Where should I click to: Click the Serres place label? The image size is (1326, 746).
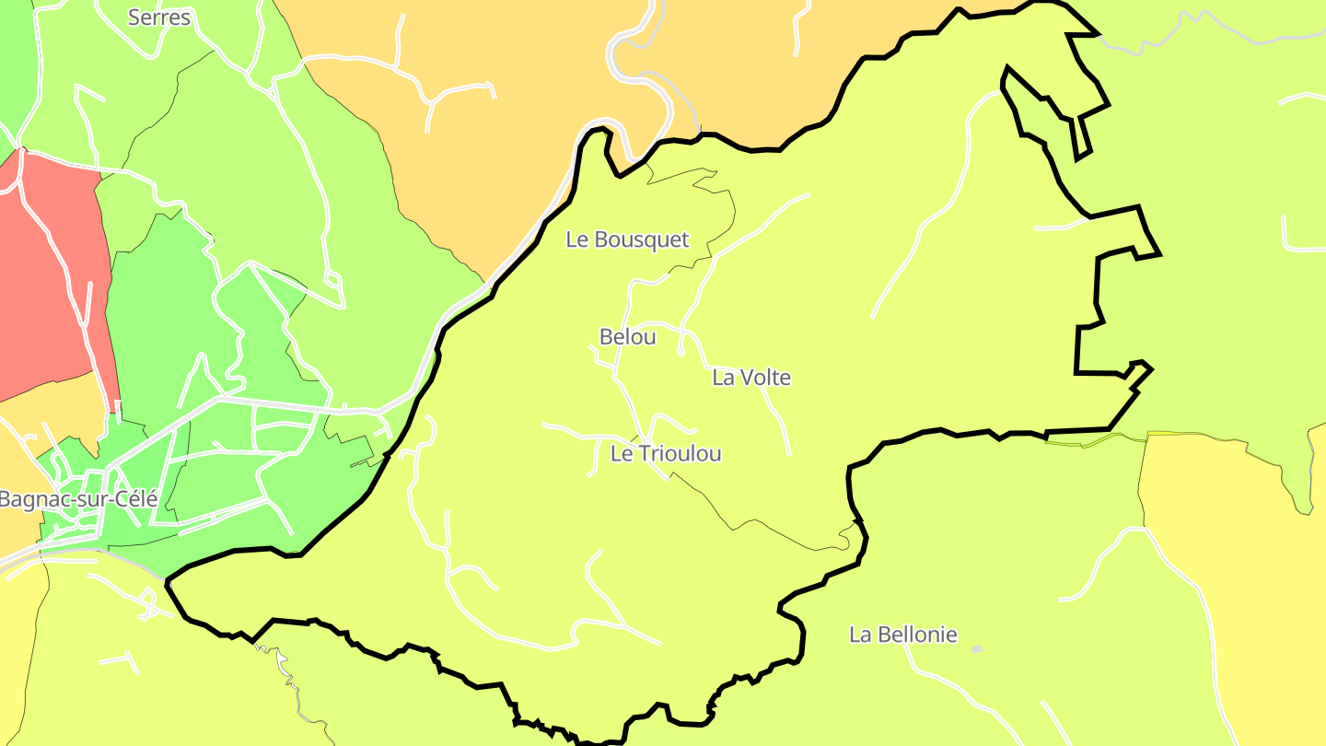click(x=159, y=17)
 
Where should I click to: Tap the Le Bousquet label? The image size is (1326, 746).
click(x=627, y=239)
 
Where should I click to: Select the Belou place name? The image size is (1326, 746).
click(x=628, y=337)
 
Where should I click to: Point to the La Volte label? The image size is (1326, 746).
click(x=751, y=378)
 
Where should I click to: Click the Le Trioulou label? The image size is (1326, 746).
click(x=666, y=453)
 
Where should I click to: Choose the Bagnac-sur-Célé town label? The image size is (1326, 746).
click(x=79, y=500)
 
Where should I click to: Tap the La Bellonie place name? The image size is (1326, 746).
click(x=902, y=635)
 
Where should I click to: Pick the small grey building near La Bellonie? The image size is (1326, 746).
click(x=977, y=650)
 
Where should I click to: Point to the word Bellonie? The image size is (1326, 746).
click(x=917, y=635)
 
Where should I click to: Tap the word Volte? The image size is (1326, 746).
click(x=765, y=378)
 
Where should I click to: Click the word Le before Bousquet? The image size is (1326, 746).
click(x=577, y=239)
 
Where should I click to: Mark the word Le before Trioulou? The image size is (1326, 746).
click(x=622, y=453)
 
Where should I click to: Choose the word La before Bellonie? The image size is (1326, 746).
click(x=860, y=635)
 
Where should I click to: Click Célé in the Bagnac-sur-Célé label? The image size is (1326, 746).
click(x=136, y=500)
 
